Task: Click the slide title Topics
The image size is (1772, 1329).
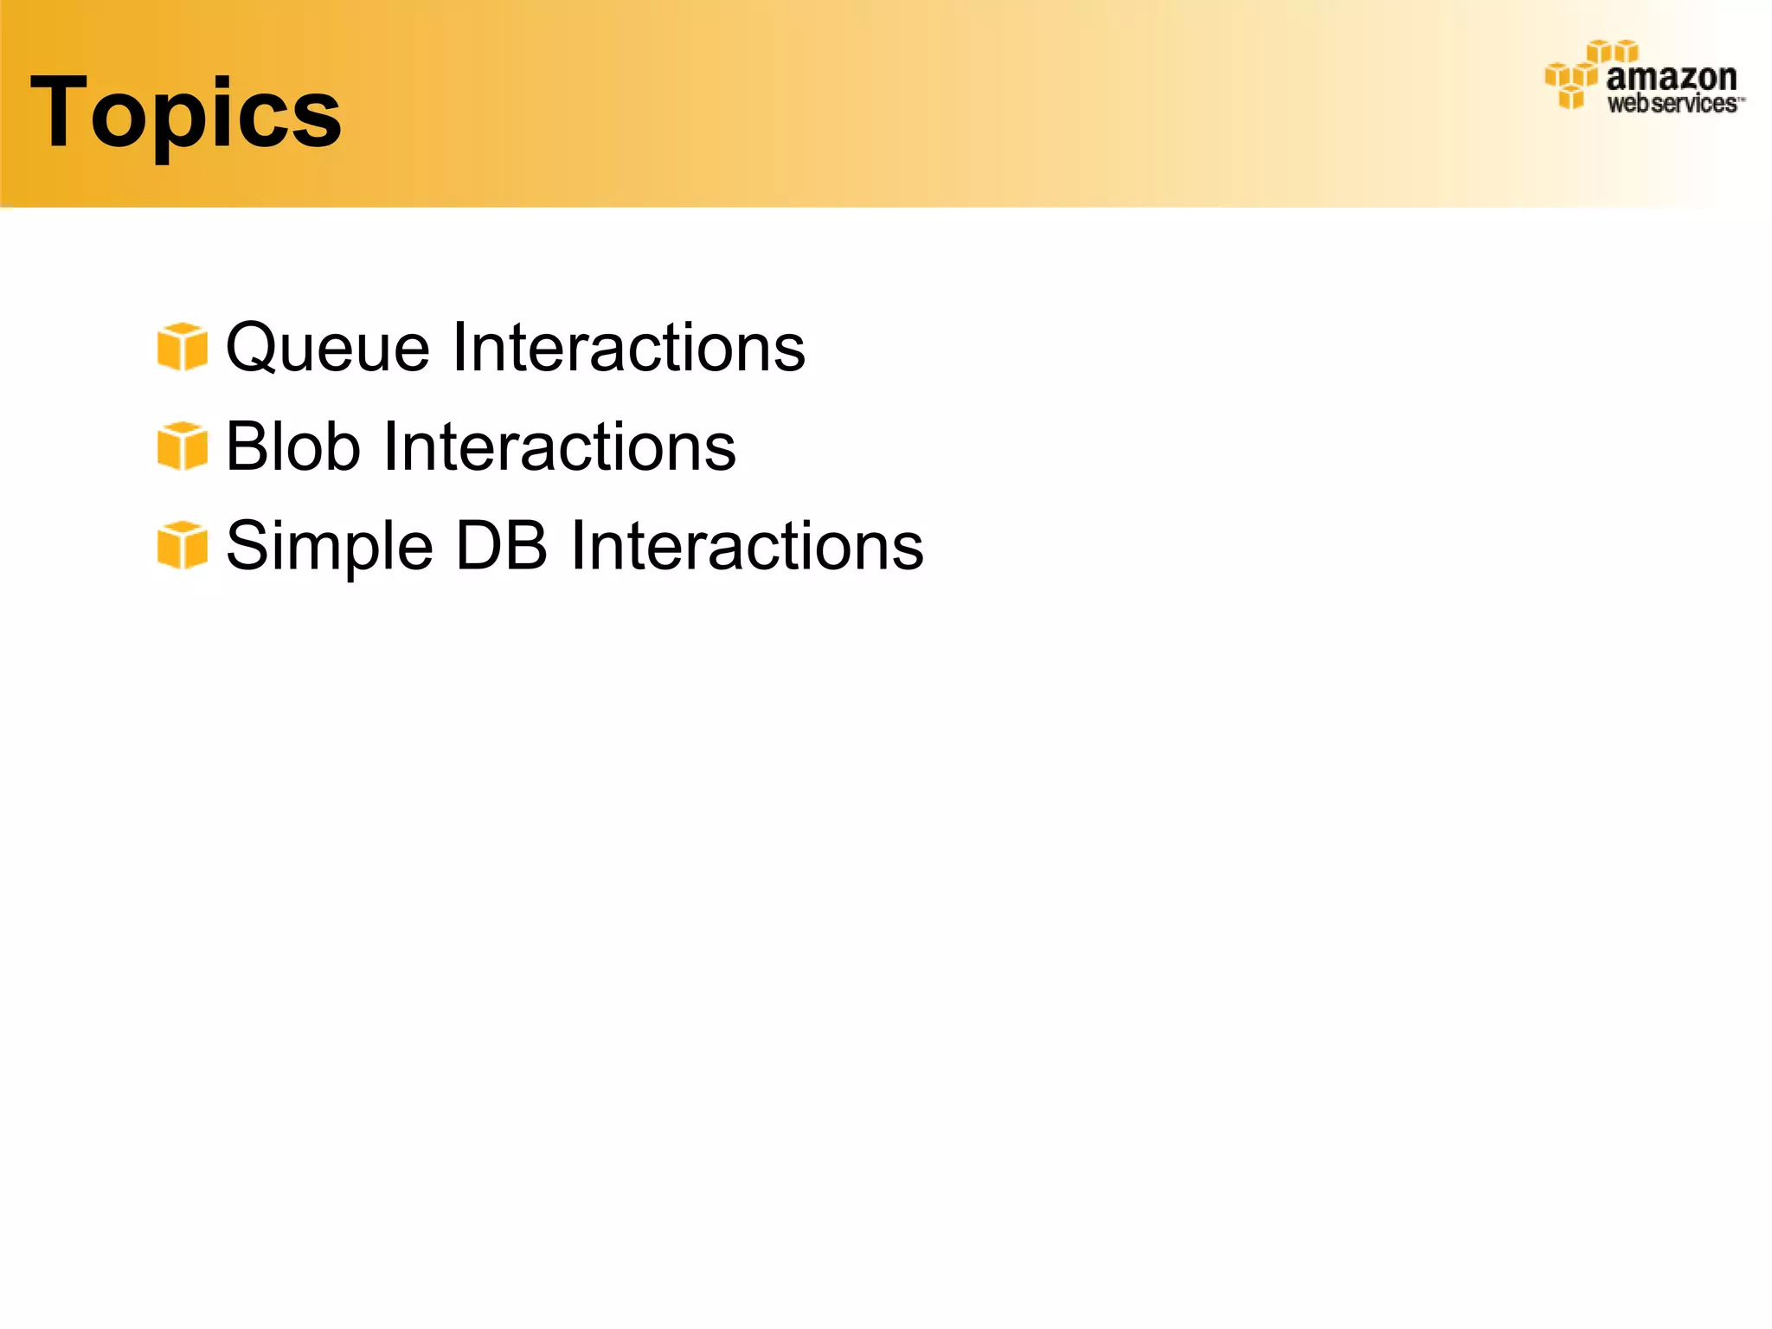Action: click(x=186, y=112)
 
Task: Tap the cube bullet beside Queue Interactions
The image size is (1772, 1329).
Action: click(x=182, y=347)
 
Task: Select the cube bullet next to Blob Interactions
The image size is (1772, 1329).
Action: click(x=182, y=446)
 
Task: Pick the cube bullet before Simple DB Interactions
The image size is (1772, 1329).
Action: click(x=182, y=546)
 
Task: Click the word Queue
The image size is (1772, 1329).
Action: click(x=328, y=348)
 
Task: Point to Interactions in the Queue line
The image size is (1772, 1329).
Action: click(x=629, y=348)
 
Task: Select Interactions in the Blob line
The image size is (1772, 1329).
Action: click(x=560, y=446)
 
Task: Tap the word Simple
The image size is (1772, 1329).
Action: click(x=330, y=547)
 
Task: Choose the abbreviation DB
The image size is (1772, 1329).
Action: click(x=501, y=546)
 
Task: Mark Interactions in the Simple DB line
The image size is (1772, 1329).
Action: click(x=748, y=546)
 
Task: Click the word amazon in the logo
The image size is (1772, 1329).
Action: click(x=1671, y=79)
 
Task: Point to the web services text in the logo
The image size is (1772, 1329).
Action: click(x=1672, y=105)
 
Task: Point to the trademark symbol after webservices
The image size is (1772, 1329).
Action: click(x=1742, y=100)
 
